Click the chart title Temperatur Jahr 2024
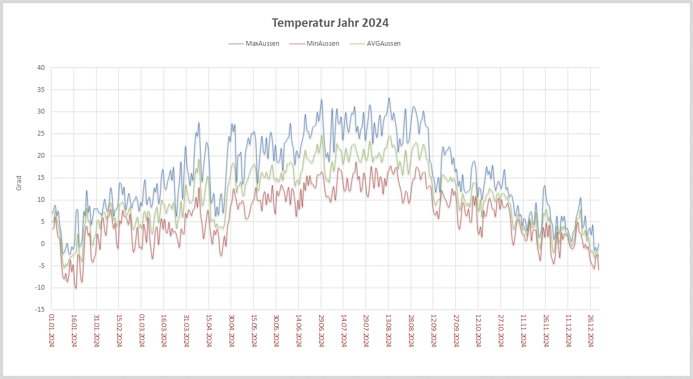click(x=330, y=23)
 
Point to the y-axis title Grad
click(x=19, y=183)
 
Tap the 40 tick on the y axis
click(x=41, y=68)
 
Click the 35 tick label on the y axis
click(x=41, y=90)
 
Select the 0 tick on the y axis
click(x=43, y=244)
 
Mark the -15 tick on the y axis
click(x=40, y=310)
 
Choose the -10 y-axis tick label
click(x=40, y=288)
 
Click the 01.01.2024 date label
click(x=51, y=330)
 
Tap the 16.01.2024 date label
click(x=74, y=330)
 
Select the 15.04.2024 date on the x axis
click(x=208, y=330)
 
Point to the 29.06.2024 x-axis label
click(x=321, y=330)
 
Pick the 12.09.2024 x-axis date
click(x=433, y=330)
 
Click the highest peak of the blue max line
click(x=389, y=98)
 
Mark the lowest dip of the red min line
click(x=76, y=288)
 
